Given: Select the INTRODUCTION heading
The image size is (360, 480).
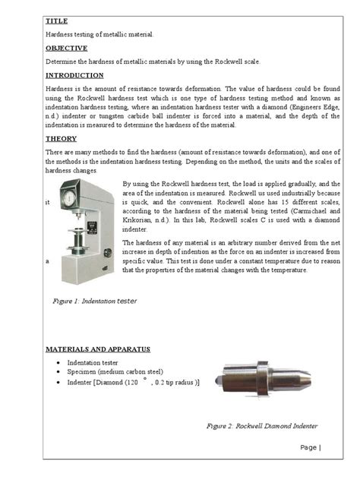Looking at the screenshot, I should pyautogui.click(x=74, y=76).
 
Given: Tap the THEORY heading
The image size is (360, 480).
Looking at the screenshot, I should pyautogui.click(x=62, y=139).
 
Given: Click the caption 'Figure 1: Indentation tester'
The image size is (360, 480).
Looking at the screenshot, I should pyautogui.click(x=95, y=301).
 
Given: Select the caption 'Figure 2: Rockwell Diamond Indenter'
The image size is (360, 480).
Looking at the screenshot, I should pyautogui.click(x=262, y=426).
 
